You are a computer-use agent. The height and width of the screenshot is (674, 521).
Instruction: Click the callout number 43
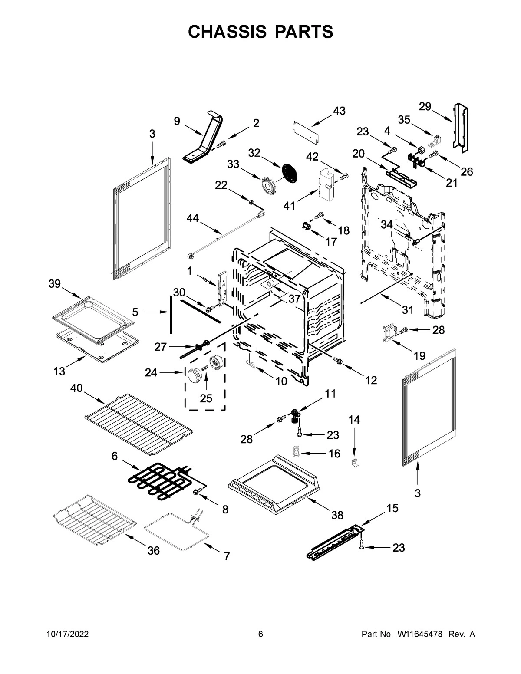339,111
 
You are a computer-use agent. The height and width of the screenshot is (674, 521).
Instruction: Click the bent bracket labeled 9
204,139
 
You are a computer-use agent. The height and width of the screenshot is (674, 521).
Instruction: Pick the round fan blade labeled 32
290,172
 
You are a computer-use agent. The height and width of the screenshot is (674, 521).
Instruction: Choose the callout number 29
425,106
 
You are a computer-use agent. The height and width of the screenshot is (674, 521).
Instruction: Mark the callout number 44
193,218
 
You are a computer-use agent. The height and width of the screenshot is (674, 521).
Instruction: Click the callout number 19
419,356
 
